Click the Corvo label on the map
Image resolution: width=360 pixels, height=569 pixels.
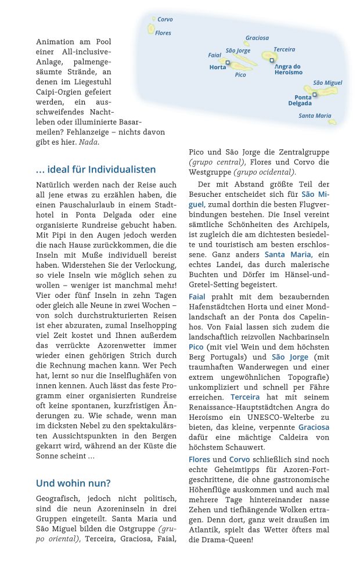coord(165,20)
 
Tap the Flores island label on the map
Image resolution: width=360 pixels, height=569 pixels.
coord(163,34)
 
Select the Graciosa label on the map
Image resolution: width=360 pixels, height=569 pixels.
coord(257,38)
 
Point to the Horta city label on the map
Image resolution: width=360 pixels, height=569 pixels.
coord(218,67)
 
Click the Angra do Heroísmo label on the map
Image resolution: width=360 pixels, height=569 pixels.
coord(288,70)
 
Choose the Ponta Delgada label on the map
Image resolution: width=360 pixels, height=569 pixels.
coord(300,100)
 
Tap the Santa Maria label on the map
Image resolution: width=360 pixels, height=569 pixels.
coord(315,116)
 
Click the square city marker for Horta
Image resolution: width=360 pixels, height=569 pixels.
coord(228,63)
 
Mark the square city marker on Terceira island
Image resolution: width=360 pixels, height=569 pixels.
coord(272,60)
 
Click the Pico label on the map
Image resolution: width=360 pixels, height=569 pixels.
coord(240,75)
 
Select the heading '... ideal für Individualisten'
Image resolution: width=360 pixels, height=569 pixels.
coord(96,170)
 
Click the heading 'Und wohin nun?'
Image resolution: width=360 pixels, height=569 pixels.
coord(73,483)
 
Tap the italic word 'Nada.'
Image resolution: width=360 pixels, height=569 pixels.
coord(89,142)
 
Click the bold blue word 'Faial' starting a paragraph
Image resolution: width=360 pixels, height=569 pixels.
coord(197,297)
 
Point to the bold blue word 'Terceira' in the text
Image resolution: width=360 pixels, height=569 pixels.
coord(244,397)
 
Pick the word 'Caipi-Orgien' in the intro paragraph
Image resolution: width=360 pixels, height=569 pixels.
coord(60,92)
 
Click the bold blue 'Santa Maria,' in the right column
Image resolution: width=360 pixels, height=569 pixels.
coord(288,254)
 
